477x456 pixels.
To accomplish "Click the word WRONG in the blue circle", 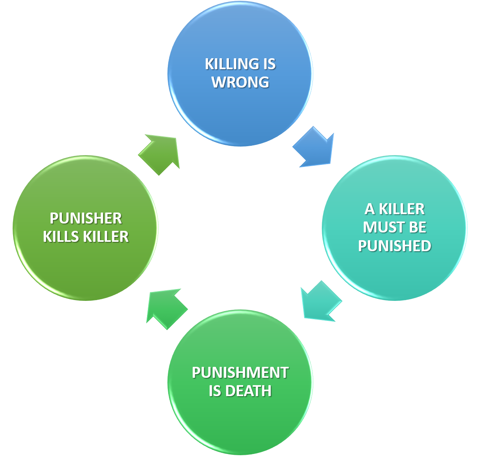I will [x=240, y=82].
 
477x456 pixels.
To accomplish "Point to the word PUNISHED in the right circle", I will [x=394, y=246].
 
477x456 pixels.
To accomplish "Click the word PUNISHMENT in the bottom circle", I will [x=240, y=373].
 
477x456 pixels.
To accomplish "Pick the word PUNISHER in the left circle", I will [x=86, y=218].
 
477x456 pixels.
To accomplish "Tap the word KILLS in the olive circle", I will [x=59, y=236].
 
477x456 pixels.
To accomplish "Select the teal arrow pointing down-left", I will [x=320, y=302].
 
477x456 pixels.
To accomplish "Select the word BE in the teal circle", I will [x=418, y=227].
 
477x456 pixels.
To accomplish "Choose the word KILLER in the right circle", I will [x=402, y=209].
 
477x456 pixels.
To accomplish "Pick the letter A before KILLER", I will [x=369, y=209].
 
